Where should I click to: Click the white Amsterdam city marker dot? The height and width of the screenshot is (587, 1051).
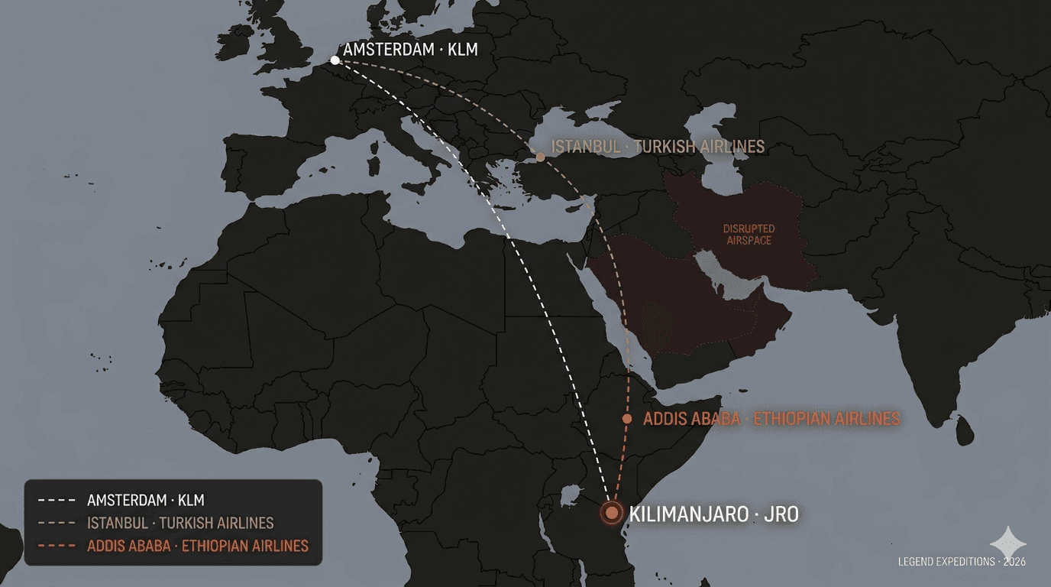click(335, 60)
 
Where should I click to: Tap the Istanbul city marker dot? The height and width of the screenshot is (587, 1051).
click(540, 157)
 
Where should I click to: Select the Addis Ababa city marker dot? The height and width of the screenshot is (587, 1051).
click(627, 419)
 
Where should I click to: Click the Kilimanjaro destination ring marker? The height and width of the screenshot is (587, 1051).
click(611, 513)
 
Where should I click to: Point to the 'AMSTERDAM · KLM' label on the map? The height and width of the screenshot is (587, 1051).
click(411, 50)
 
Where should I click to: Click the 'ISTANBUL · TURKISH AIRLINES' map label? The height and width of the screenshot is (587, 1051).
click(658, 146)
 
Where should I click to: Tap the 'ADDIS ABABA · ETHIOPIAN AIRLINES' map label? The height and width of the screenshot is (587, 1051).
click(771, 419)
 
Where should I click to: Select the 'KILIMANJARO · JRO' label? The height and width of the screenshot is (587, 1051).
click(713, 514)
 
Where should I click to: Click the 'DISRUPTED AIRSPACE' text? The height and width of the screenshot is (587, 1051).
click(749, 235)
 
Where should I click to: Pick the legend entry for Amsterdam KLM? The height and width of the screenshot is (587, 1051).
click(146, 501)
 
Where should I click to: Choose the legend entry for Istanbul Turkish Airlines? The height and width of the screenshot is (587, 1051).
click(180, 524)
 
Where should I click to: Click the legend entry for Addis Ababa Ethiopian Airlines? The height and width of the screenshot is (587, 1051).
click(198, 546)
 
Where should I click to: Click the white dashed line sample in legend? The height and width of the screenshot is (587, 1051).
click(57, 501)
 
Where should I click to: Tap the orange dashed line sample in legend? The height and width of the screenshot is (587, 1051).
click(57, 546)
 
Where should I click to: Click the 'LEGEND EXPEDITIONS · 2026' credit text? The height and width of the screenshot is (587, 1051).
click(962, 562)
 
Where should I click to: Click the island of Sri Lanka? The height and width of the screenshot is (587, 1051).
click(965, 430)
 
